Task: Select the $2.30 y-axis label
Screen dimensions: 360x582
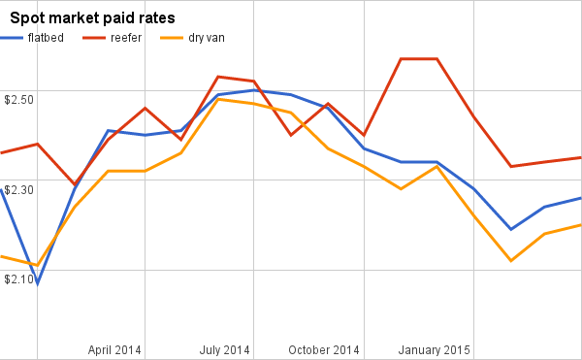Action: tap(19, 190)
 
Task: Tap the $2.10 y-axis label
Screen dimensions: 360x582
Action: tap(19, 279)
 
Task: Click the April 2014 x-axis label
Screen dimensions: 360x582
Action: tap(114, 349)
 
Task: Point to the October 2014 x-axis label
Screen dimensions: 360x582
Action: tap(323, 349)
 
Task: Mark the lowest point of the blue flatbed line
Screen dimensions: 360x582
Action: tap(38, 283)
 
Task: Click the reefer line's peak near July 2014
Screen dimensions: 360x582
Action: tap(217, 77)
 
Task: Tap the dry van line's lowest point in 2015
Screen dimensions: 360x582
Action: tap(510, 260)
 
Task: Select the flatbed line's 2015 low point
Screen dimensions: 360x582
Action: tap(510, 229)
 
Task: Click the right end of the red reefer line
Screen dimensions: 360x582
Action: tap(580, 157)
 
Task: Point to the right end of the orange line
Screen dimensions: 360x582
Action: tap(580, 225)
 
